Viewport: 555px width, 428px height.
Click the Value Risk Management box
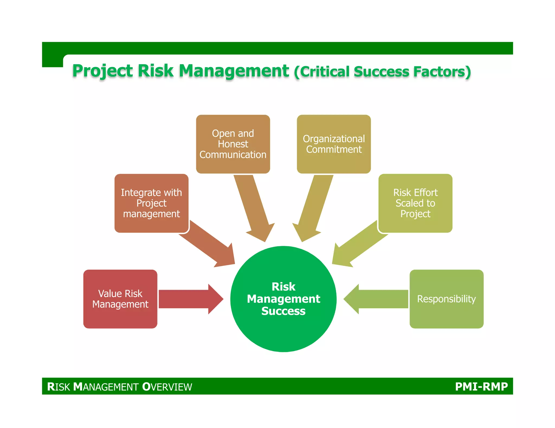(x=120, y=299)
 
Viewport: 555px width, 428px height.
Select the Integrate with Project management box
(x=151, y=203)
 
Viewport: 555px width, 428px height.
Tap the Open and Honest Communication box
(x=233, y=144)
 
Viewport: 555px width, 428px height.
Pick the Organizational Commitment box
(x=334, y=144)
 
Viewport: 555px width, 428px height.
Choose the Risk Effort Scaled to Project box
(x=415, y=203)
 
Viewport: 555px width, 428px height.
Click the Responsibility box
(x=446, y=299)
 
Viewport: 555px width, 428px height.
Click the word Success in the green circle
(x=283, y=311)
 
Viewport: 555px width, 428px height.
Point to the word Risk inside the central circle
(x=283, y=287)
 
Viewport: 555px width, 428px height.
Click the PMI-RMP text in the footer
(x=481, y=386)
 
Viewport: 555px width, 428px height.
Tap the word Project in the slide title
(x=102, y=71)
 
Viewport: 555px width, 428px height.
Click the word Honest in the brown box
(x=233, y=144)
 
